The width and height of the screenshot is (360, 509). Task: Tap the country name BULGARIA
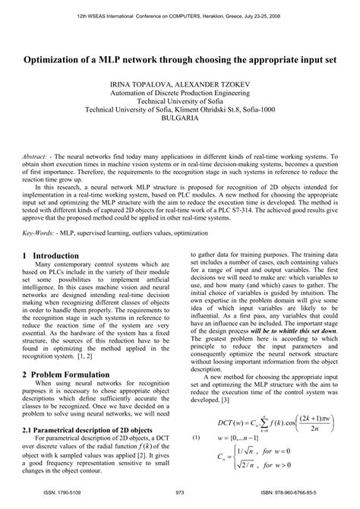180,119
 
